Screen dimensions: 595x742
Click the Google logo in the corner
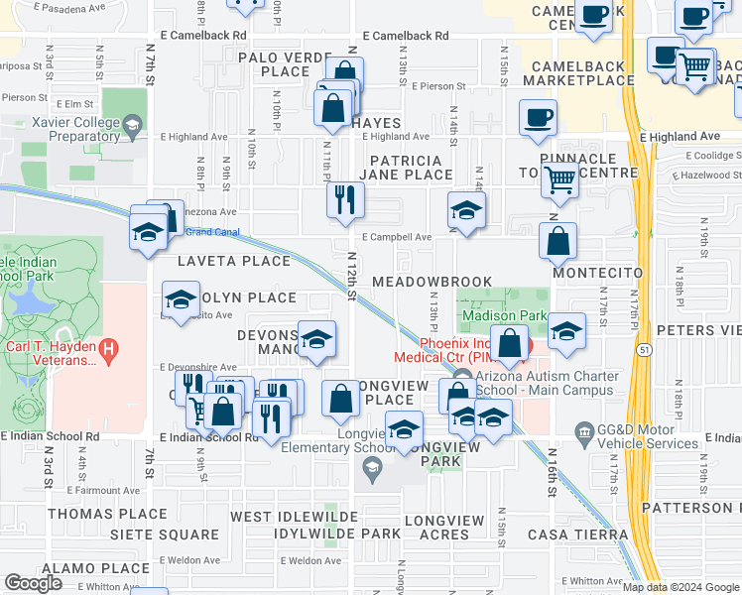click(x=34, y=583)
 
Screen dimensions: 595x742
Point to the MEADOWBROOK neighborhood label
click(x=432, y=282)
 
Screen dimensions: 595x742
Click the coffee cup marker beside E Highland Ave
click(x=538, y=118)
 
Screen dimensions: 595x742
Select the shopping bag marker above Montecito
click(x=558, y=241)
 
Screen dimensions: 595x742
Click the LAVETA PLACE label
click(x=233, y=262)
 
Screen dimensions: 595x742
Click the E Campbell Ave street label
click(x=396, y=238)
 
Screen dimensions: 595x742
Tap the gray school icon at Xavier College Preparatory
click(x=131, y=126)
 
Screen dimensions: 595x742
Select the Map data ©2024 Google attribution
click(x=680, y=587)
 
